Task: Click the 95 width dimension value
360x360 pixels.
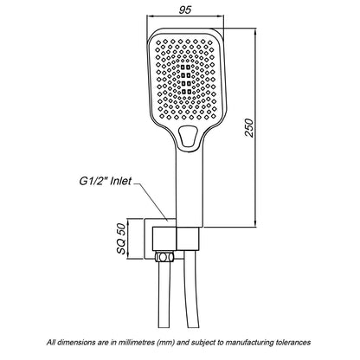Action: click(185, 10)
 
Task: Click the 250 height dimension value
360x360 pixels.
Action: click(249, 127)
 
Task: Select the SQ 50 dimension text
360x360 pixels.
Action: click(122, 239)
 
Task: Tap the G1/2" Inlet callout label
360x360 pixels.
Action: click(106, 181)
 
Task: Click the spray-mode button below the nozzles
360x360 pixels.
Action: click(188, 136)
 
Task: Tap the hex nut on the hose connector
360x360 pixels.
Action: click(164, 256)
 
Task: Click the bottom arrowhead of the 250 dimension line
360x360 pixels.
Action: click(255, 223)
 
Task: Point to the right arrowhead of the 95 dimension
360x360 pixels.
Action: click(221, 16)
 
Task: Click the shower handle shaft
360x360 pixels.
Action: click(190, 188)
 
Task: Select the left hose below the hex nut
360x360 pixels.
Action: click(164, 294)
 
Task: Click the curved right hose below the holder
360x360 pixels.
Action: click(192, 292)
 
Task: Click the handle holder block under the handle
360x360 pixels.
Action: click(188, 239)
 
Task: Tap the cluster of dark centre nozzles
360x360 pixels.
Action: click(187, 80)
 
